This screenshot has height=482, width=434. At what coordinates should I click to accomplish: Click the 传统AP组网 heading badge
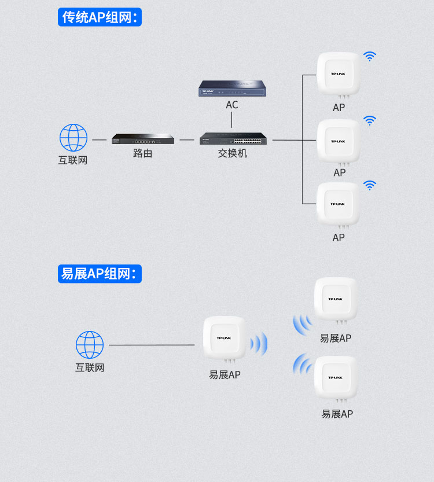100,17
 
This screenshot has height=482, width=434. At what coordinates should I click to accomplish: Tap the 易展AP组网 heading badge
100,274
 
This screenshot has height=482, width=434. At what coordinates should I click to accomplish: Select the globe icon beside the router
73,138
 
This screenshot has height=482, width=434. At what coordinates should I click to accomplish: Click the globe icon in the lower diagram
90,345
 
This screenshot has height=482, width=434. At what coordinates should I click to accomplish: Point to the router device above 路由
143,139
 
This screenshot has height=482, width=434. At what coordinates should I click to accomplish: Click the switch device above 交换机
233,138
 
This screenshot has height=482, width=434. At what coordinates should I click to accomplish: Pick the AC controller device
233,88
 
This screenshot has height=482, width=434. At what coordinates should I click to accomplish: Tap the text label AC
232,105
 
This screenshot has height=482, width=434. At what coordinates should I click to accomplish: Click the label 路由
142,153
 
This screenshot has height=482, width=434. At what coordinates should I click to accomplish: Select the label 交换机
233,153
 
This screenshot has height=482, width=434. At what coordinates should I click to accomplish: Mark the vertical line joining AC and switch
231,120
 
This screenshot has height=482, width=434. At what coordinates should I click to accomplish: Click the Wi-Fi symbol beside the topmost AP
370,56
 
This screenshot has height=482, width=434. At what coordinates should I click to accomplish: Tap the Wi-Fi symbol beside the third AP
370,185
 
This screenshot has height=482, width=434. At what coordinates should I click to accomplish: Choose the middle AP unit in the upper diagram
339,142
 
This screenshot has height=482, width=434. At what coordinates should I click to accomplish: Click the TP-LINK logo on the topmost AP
338,74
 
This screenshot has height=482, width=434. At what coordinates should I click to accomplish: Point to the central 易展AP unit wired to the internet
225,339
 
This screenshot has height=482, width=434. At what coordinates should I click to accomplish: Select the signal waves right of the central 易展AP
259,344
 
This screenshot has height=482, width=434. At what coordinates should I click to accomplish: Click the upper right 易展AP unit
336,301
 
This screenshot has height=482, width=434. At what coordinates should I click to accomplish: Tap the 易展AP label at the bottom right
337,414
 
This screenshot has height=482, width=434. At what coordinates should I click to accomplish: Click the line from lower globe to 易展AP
152,345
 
